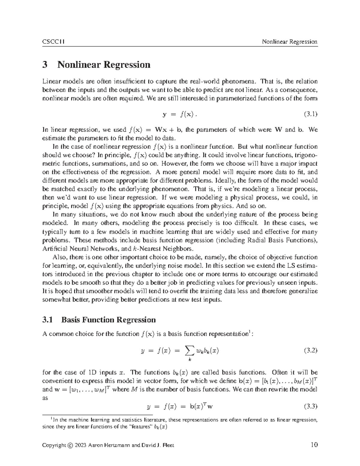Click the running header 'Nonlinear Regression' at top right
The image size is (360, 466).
(x=289, y=42)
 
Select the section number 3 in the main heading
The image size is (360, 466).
(x=45, y=65)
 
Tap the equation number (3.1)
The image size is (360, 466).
(x=310, y=114)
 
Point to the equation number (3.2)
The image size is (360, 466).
(x=310, y=350)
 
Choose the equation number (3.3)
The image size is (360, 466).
(x=310, y=407)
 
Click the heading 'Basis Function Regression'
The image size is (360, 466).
(x=108, y=320)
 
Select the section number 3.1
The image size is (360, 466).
(x=48, y=320)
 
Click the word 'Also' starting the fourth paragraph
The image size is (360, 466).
(x=60, y=257)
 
